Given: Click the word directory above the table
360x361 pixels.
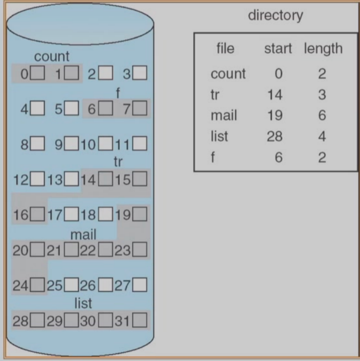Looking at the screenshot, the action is tap(276, 16).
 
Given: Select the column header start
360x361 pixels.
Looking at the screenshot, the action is tap(278, 49).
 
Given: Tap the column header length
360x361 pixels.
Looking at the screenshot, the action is tap(323, 49).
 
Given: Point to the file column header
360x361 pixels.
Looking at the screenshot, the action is tap(225, 49).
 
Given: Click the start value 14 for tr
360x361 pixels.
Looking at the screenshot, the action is tap(275, 95).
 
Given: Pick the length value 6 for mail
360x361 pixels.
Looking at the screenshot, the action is tap(322, 115).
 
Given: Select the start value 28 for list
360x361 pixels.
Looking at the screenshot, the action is tap(275, 136).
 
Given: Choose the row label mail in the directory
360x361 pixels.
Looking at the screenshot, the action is tap(224, 115).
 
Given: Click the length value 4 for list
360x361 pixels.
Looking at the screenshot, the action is tap(322, 136).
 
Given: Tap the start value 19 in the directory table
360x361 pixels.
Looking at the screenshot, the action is tap(275, 115).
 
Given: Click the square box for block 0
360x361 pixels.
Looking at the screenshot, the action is tap(37, 73).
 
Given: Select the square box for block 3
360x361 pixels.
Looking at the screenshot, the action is tap(140, 73).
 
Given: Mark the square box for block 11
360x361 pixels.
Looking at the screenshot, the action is tap(140, 143).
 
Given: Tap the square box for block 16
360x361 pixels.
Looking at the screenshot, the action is tap(37, 214).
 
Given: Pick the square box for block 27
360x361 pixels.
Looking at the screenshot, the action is tap(140, 285).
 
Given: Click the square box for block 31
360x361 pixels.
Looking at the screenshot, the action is tap(140, 320).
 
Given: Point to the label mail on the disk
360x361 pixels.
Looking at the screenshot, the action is tap(83, 235).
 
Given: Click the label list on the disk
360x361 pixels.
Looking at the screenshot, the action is tap(83, 303).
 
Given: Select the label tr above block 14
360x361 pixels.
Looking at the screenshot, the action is tap(118, 162).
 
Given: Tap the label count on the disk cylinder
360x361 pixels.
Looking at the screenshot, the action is tap(51, 57).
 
